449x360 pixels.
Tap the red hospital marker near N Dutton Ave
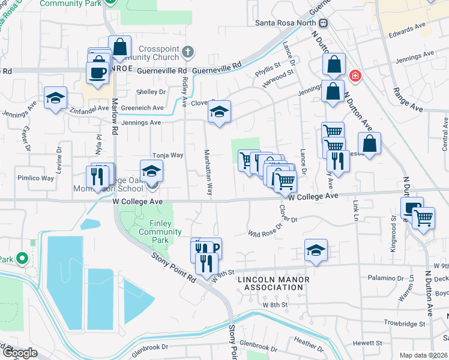coord(355,76)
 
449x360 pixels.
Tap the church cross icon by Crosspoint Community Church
coord(188,51)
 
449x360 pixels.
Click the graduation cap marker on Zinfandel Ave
coord(55,98)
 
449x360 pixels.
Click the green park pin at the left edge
coord(22,259)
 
